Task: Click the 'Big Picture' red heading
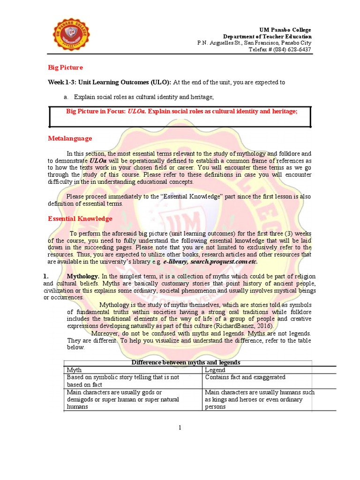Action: tap(66, 67)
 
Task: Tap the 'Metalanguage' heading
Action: tap(70, 138)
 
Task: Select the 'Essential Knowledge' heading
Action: tap(80, 218)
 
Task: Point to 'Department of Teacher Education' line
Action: tap(267, 37)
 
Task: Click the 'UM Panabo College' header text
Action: tap(285, 30)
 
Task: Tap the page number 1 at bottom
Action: tap(180, 427)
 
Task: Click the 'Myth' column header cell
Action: tap(75, 370)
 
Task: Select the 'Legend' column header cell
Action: tap(215, 370)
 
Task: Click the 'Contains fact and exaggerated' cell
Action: tap(245, 377)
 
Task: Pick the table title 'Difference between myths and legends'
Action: tap(186, 362)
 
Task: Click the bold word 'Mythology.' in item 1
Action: tap(83, 276)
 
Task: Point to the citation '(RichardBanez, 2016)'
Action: tap(250, 326)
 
